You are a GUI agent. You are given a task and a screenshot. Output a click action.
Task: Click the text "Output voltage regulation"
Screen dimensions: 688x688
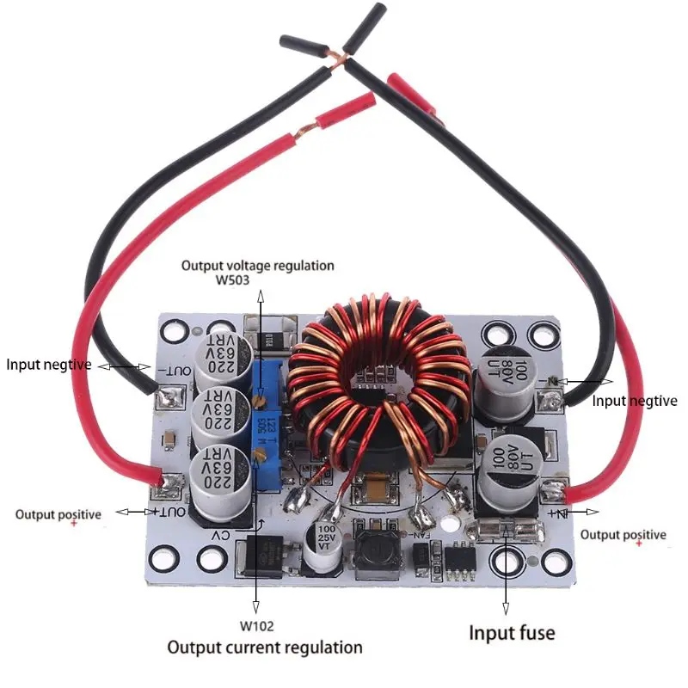pyautogui.click(x=257, y=265)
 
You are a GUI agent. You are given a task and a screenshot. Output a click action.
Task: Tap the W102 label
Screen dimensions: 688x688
pyautogui.click(x=257, y=625)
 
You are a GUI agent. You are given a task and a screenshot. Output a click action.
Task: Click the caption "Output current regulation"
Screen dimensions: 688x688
pyautogui.click(x=264, y=647)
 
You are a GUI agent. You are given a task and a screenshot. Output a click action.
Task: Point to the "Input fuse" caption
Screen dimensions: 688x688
pyautogui.click(x=512, y=634)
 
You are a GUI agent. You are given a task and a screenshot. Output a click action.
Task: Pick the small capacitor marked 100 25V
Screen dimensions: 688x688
pyautogui.click(x=326, y=550)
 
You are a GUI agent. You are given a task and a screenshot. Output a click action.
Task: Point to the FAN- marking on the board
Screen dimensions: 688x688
pyautogui.click(x=418, y=535)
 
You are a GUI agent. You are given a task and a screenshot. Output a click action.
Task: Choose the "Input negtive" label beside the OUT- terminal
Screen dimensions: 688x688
pyautogui.click(x=48, y=364)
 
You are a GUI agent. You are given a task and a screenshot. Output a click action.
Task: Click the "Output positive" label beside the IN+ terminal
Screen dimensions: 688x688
pyautogui.click(x=623, y=534)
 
